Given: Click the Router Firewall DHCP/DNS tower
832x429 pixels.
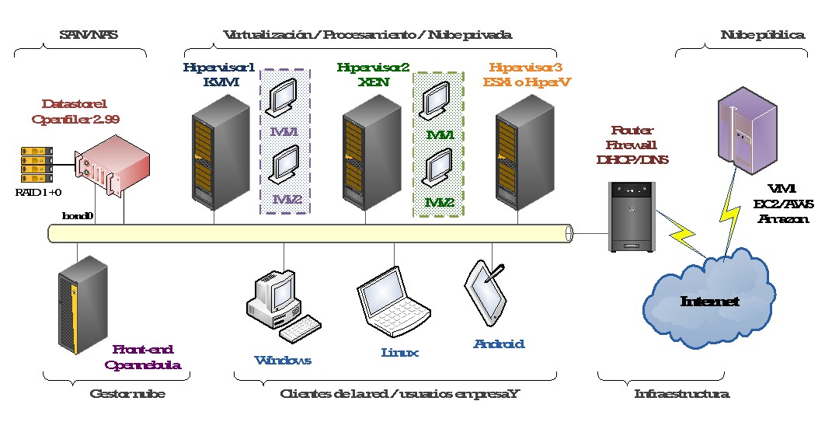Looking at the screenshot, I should tap(632, 215).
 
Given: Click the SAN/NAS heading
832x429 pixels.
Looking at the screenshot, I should tap(82, 35).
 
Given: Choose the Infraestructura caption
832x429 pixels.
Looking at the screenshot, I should tap(681, 394).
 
